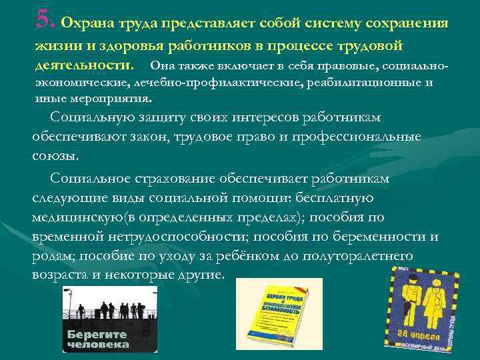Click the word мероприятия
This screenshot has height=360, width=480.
pos(117,99)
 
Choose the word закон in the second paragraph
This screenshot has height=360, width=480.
pos(161,136)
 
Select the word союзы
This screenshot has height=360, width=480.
pos(54,155)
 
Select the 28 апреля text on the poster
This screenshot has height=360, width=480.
pos(419,333)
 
